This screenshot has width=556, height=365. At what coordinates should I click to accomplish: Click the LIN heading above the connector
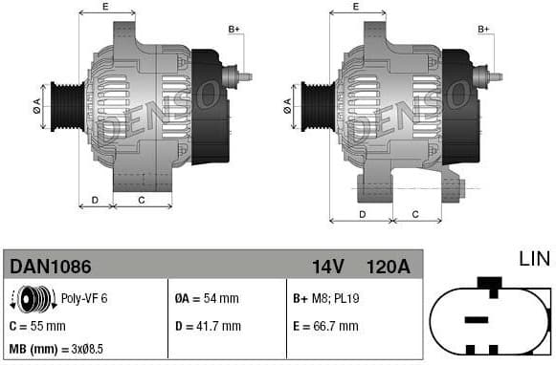535,259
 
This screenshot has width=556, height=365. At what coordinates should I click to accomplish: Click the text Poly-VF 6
84,299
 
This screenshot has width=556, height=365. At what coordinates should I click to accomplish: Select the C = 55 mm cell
37,326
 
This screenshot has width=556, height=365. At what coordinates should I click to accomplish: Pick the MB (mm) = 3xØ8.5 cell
56,350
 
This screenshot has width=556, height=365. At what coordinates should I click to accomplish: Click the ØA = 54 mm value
208,299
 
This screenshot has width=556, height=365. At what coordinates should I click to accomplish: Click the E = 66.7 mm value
325,326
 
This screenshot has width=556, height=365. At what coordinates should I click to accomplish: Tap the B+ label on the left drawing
234,30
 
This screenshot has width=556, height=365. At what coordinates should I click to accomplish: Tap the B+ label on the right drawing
483,30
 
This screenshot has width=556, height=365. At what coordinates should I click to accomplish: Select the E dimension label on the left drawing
104,8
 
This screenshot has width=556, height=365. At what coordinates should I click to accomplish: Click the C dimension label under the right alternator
414,214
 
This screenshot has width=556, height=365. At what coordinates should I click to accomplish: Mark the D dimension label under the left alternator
95,200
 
